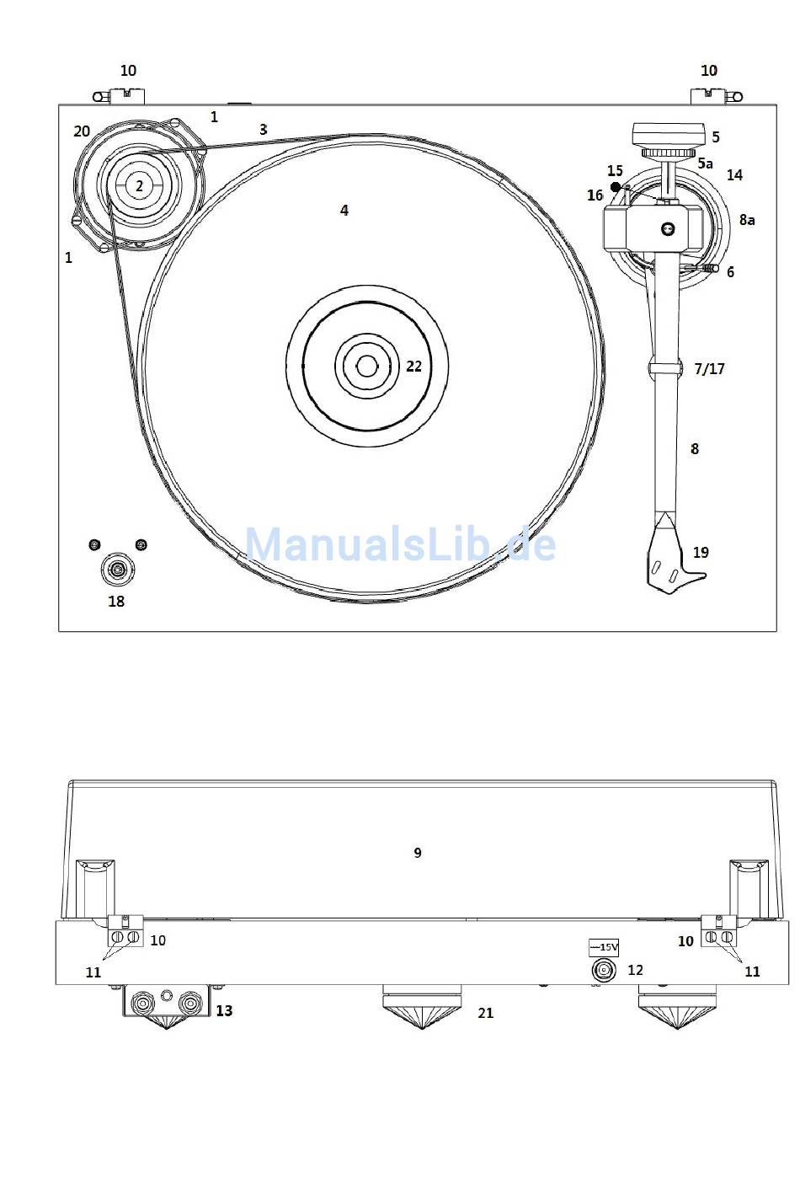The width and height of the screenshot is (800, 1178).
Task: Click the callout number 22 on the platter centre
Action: click(413, 367)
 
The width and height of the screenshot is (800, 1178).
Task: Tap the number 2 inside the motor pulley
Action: click(139, 185)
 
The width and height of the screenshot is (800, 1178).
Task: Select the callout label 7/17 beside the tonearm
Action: click(709, 368)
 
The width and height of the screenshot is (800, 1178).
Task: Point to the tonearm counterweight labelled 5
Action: click(669, 137)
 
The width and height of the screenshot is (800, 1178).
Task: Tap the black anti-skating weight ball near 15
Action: click(616, 187)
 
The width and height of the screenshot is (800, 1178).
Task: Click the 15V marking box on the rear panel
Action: click(604, 947)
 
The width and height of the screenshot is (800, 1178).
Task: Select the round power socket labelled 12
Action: click(604, 970)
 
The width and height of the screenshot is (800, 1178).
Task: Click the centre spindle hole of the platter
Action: click(366, 367)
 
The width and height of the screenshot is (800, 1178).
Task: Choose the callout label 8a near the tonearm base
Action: click(747, 220)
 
